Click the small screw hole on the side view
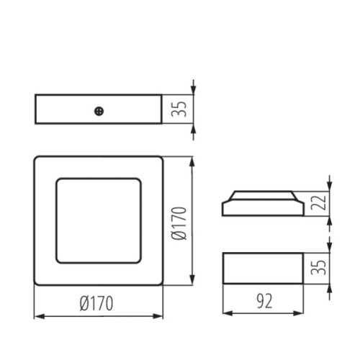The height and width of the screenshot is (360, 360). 99,110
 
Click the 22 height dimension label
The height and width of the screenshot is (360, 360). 321,204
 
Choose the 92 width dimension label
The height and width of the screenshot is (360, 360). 263,302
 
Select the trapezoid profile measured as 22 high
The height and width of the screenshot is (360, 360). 262,204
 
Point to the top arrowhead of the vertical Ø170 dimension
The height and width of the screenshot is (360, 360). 192,162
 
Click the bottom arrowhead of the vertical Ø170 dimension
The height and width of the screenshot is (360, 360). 192,282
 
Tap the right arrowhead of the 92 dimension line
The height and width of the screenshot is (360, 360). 298,312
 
